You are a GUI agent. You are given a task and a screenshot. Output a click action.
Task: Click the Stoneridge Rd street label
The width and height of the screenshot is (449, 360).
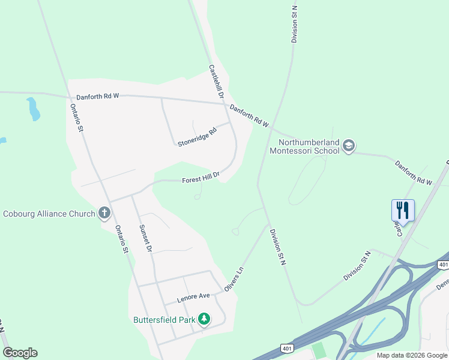point(196,137)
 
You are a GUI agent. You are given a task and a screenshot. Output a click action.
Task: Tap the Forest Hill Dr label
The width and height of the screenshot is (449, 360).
point(201,177)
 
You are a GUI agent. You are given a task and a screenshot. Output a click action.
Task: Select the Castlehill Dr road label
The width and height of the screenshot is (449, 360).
point(216,82)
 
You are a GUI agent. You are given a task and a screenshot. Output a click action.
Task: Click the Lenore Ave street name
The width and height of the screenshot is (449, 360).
point(193,297)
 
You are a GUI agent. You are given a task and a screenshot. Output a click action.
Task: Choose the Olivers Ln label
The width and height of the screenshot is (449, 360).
point(235,280)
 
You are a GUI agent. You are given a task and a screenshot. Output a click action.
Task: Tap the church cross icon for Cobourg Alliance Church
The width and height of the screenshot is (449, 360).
point(104,213)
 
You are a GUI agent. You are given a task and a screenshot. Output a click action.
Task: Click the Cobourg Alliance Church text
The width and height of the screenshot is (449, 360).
point(49,214)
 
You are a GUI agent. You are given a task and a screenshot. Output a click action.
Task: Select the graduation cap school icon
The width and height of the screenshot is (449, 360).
point(349,146)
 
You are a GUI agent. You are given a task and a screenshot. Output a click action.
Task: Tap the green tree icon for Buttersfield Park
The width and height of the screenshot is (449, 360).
point(205,319)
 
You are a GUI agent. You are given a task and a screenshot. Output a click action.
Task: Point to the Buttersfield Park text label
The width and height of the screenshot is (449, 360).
point(164,320)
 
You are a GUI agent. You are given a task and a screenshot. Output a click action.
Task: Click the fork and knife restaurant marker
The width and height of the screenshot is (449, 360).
point(403,211)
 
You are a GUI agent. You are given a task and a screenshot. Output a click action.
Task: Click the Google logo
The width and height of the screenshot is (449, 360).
point(20,353)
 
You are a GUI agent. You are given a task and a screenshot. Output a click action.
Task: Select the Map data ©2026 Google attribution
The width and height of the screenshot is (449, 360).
point(412,355)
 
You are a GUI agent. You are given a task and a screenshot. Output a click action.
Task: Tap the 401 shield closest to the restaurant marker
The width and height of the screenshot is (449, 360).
point(443,265)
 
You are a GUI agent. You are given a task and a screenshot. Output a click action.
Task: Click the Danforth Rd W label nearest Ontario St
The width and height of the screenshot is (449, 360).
point(98,96)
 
